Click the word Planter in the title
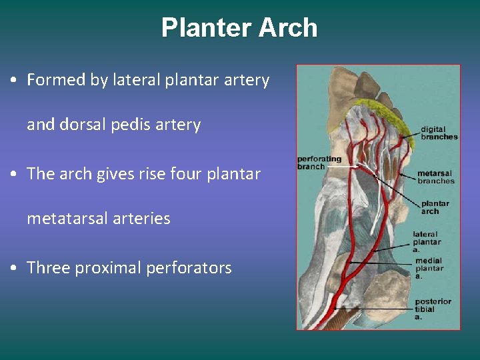[x=206, y=28]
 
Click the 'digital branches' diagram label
[x=439, y=133]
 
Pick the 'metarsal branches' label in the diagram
[x=435, y=177]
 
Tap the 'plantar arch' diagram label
[x=435, y=207]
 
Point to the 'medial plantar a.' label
[x=429, y=268]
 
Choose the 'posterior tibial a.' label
[x=433, y=309]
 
